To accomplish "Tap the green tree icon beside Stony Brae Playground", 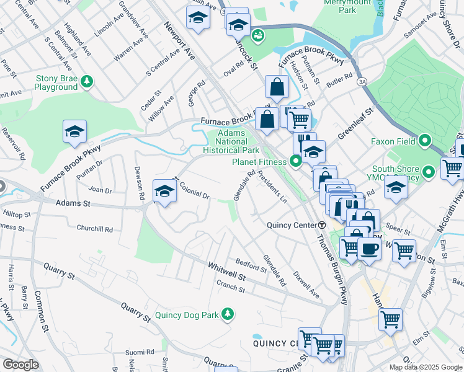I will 87,81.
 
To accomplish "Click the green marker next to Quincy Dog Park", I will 228,315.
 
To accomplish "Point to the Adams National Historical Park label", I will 231,142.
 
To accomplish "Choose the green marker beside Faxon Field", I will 425,141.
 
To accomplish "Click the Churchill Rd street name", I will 94,229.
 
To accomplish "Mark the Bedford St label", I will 251,265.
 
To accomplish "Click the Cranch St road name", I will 231,285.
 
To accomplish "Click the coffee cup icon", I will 369,249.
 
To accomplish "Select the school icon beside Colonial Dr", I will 164,190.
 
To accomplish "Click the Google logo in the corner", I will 20,365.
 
